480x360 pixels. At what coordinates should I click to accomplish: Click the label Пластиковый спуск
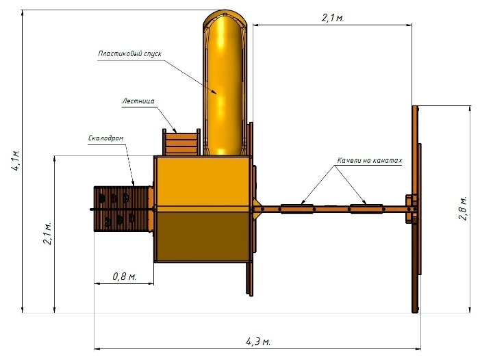(129, 54)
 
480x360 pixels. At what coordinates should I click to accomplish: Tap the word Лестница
(138, 101)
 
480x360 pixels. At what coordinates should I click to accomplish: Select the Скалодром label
(106, 138)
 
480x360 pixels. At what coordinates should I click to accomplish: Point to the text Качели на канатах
(370, 160)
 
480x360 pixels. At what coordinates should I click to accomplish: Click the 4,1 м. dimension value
(16, 160)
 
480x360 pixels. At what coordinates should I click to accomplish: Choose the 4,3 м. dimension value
(258, 342)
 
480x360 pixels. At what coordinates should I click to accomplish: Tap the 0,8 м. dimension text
(125, 277)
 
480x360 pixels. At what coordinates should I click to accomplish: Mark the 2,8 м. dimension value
(463, 208)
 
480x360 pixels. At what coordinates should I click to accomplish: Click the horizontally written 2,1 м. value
(333, 18)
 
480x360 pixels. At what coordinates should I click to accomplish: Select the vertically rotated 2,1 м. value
(47, 233)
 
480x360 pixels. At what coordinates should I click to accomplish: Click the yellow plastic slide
(225, 83)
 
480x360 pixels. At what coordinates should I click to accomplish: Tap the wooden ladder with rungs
(181, 142)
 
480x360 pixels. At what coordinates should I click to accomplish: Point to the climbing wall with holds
(123, 209)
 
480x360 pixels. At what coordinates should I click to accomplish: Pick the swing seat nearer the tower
(297, 209)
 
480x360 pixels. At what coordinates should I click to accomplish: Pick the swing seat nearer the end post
(366, 209)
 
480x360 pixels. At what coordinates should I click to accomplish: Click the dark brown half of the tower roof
(202, 237)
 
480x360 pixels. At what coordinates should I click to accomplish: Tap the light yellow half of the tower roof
(202, 181)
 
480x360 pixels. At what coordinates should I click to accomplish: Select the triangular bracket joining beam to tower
(257, 209)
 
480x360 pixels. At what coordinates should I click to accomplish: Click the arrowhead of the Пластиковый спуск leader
(214, 92)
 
